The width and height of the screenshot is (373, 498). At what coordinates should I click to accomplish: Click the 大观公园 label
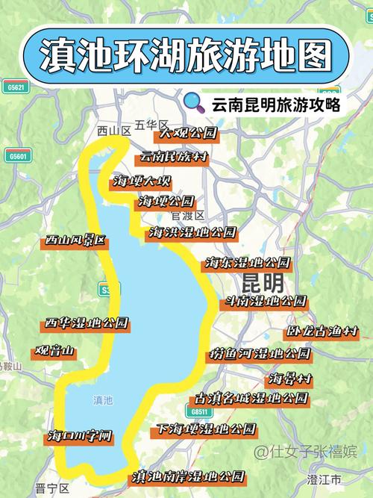[186, 134]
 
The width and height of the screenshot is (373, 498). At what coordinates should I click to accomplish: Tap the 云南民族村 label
[174, 158]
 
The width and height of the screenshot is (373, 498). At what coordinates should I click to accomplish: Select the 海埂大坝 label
[142, 181]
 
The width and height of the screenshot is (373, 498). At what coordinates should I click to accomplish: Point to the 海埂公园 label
[166, 202]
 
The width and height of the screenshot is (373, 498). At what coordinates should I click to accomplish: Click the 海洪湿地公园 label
[192, 232]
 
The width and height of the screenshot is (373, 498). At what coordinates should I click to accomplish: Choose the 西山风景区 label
[75, 240]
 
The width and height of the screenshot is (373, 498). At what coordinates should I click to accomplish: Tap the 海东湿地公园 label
[248, 263]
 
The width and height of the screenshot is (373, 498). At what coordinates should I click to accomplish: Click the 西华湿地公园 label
[87, 323]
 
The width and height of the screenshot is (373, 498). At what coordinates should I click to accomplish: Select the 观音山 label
[54, 351]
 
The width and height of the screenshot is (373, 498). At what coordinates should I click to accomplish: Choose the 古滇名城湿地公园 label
[251, 398]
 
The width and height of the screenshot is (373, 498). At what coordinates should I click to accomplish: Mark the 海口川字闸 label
[81, 435]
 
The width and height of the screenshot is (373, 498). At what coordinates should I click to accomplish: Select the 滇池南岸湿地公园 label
[188, 476]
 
